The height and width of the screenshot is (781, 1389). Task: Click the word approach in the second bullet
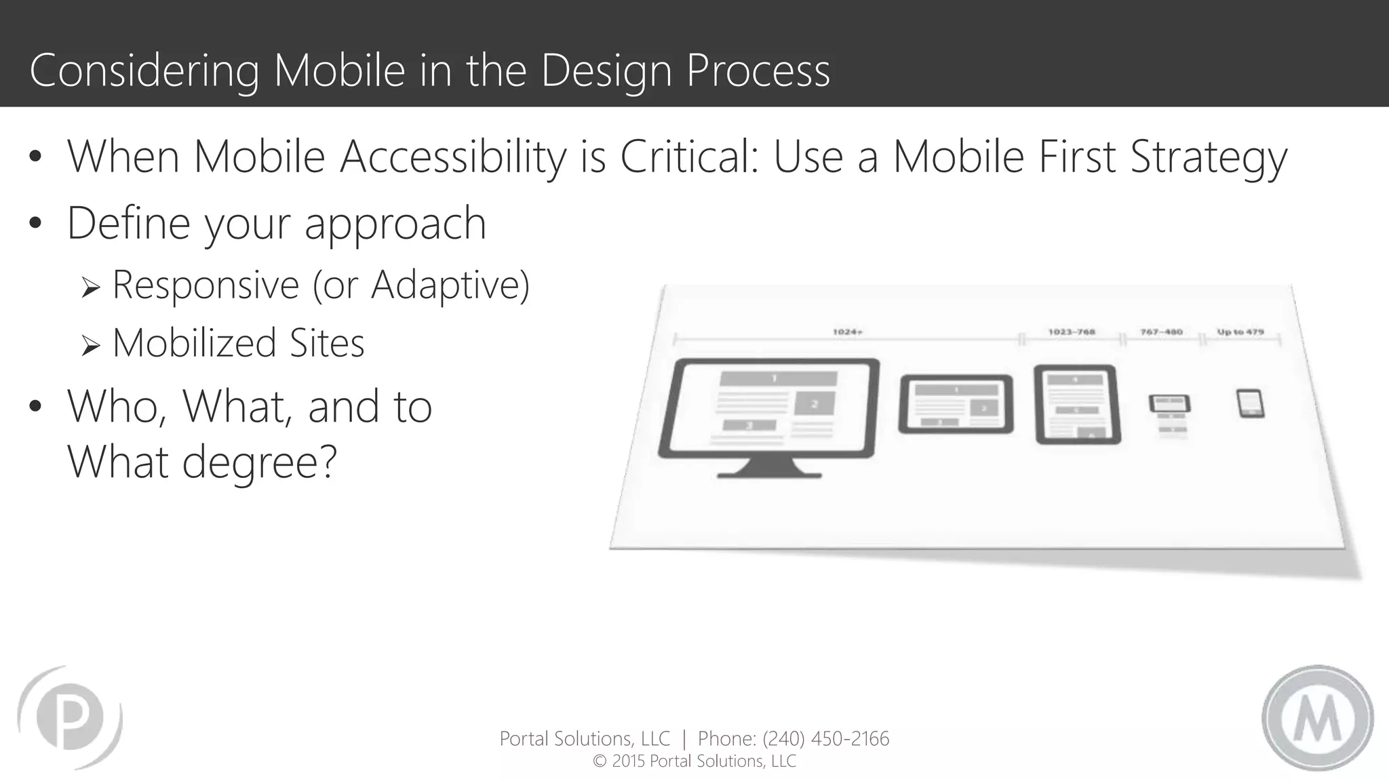point(395,224)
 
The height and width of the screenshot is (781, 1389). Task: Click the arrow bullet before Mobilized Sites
point(90,346)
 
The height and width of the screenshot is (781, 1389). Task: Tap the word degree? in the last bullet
point(258,462)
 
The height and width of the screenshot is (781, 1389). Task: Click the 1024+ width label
point(847,332)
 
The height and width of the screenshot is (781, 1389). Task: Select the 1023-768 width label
point(1071,332)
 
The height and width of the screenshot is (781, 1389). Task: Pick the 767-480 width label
point(1161,332)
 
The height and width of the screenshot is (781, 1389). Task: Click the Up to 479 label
point(1240,332)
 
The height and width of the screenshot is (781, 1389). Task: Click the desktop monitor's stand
point(769,468)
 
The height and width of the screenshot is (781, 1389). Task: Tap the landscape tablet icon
point(956,404)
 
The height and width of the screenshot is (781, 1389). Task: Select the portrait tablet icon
point(1076,405)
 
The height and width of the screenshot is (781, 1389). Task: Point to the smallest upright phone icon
point(1249,403)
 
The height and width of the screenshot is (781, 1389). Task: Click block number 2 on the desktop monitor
point(815,403)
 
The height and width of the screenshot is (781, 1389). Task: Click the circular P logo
point(70,717)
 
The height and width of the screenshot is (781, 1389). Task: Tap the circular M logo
point(1317,718)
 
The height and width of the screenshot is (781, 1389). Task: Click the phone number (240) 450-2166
point(825,738)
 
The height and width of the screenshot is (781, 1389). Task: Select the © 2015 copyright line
point(694,761)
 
